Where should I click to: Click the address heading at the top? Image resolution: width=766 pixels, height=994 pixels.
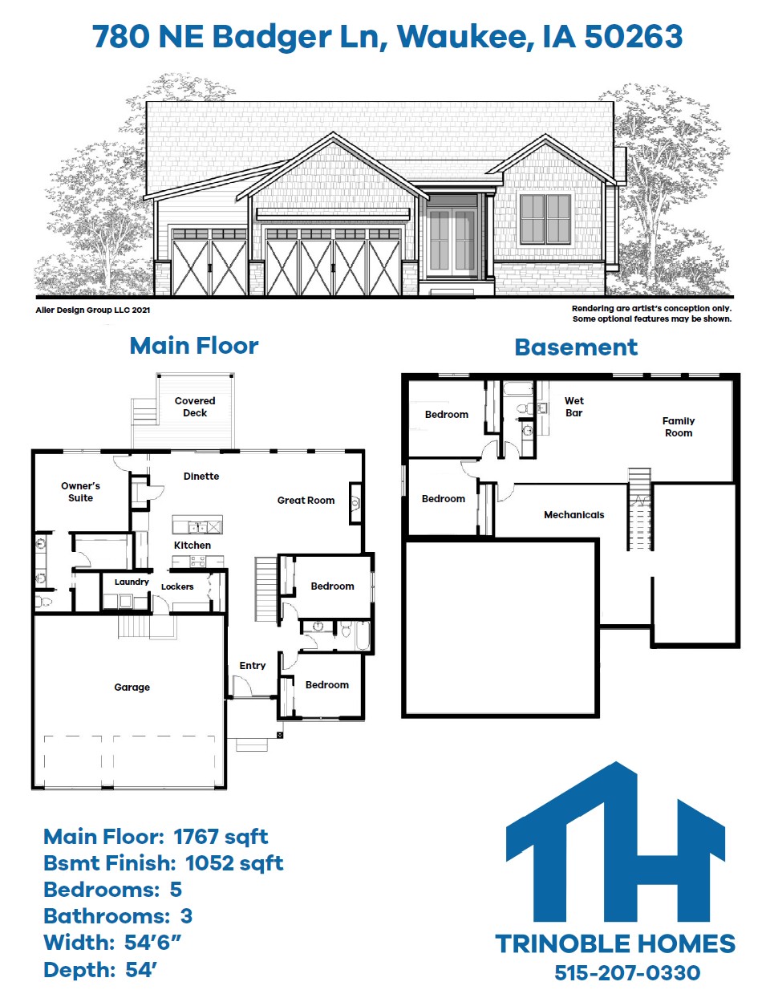click(x=387, y=37)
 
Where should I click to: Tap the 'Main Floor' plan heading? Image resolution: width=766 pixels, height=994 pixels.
click(x=194, y=346)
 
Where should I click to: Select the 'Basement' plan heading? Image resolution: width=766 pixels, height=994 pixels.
click(x=576, y=347)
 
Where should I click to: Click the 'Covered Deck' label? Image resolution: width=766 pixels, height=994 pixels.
click(x=195, y=407)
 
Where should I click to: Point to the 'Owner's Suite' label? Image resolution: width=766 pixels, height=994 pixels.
click(x=80, y=492)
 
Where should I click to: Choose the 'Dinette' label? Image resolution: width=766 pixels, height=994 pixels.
click(x=201, y=477)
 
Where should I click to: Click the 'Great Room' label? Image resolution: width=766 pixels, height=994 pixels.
click(x=306, y=501)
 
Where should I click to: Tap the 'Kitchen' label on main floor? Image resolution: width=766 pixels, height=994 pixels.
click(x=193, y=546)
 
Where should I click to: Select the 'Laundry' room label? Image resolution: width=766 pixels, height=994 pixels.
click(x=132, y=582)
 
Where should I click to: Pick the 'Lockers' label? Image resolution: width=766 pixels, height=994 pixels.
click(x=177, y=587)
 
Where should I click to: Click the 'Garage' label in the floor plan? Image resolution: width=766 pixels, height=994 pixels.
click(x=132, y=688)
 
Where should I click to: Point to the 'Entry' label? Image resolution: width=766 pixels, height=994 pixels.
click(x=253, y=666)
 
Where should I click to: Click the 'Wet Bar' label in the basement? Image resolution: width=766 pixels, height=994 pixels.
click(x=574, y=407)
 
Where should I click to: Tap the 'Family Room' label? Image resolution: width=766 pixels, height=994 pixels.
click(x=679, y=427)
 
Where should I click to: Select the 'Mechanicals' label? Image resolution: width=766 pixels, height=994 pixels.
click(x=574, y=515)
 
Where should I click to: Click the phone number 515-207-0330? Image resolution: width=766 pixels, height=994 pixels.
click(x=627, y=973)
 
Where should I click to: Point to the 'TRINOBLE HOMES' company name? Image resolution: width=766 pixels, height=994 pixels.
click(x=615, y=944)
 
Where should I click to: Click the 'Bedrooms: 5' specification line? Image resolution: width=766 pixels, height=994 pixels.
click(x=112, y=890)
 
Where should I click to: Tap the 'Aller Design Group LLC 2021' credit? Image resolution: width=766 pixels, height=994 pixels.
click(x=93, y=310)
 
